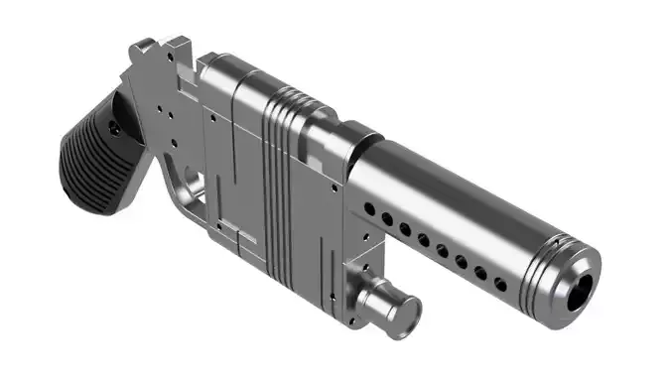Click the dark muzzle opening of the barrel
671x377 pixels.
[579, 288]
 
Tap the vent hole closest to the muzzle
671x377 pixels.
[498, 285]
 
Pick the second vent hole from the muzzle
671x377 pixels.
[479, 274]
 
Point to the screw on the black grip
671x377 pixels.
[114, 128]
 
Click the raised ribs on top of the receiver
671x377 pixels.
[288, 99]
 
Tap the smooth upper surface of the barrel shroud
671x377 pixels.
[447, 179]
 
